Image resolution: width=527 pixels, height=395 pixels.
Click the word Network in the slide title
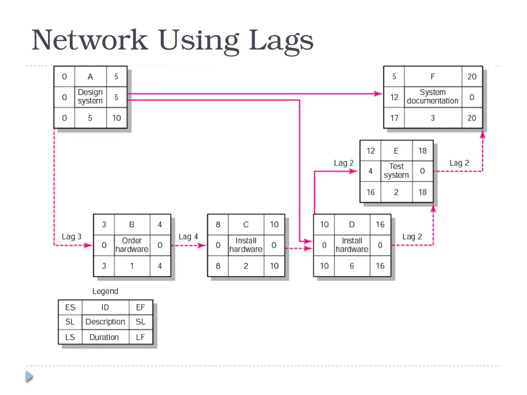click(90, 40)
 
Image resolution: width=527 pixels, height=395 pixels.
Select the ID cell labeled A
click(91, 77)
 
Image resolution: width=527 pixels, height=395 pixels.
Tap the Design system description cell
click(91, 97)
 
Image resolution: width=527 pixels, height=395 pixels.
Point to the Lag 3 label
click(72, 237)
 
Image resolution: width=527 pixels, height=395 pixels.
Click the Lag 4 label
click(188, 237)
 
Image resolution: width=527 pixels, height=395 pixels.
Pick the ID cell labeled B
click(132, 224)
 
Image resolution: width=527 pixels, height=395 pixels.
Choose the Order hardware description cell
click(132, 245)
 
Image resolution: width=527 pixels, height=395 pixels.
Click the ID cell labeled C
click(246, 224)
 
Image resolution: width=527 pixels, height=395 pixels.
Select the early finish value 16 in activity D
click(380, 224)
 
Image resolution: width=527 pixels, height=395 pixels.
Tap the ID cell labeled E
click(396, 151)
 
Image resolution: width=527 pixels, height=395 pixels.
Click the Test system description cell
click(396, 171)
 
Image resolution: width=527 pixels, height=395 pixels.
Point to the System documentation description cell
click(432, 97)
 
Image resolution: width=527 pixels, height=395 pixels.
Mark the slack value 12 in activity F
click(394, 97)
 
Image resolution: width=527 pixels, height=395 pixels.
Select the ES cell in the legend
click(70, 308)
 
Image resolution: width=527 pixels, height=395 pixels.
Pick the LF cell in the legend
click(140, 337)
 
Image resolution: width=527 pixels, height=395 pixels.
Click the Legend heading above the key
click(105, 291)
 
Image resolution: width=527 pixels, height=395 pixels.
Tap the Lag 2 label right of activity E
click(459, 163)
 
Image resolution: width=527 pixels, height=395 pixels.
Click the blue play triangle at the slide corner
click(29, 376)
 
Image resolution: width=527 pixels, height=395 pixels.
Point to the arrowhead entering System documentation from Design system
click(379, 94)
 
